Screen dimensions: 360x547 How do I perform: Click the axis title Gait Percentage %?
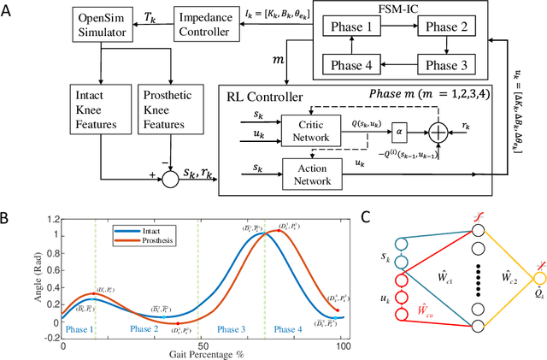203,352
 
